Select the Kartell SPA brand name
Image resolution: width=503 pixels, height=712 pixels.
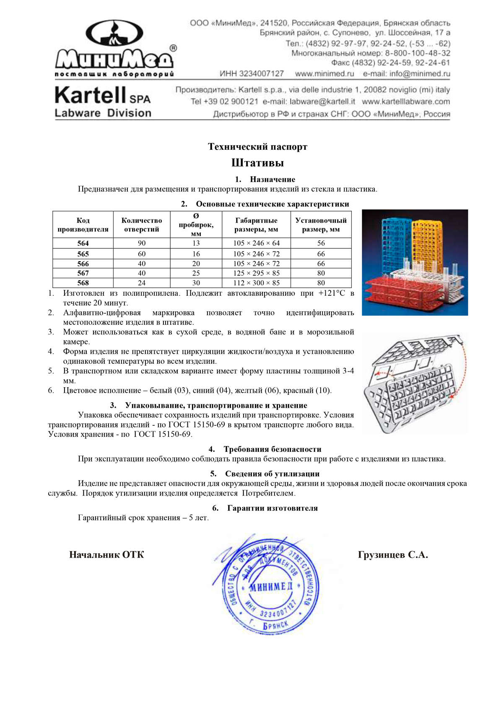tap(102, 95)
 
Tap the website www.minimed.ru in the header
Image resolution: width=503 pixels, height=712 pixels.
tap(324, 74)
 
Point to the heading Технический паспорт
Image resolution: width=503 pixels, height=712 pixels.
tap(257, 147)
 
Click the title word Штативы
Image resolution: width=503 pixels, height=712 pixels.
tap(257, 163)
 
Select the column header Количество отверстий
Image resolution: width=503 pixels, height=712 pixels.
tap(142, 225)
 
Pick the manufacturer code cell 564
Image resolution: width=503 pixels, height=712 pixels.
tap(83, 243)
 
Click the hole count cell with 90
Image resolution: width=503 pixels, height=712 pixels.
tap(142, 243)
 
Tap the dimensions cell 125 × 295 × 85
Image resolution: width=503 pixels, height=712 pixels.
tap(256, 273)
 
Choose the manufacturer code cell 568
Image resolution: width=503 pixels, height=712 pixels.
tap(83, 283)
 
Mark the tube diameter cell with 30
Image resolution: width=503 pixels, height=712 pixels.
tap(196, 283)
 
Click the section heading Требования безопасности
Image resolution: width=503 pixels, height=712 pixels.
tap(272, 449)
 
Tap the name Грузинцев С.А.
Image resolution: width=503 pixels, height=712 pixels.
tap(393, 555)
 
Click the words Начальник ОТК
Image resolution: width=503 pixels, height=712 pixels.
tap(106, 555)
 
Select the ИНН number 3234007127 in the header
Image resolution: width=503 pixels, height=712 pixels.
tap(251, 74)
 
